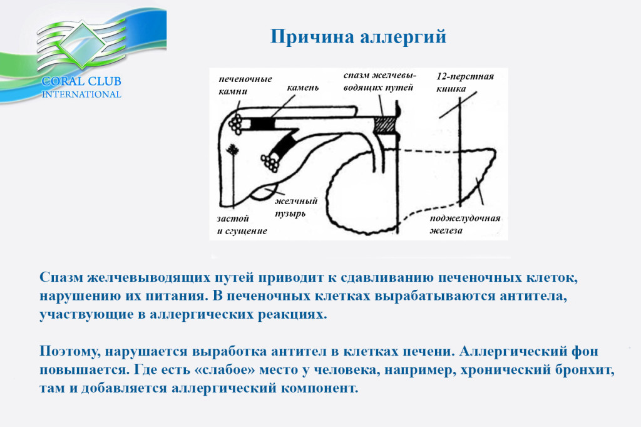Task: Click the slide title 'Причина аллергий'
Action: (x=358, y=37)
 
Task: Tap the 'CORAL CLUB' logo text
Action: (x=81, y=81)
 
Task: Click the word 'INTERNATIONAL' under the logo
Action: (x=81, y=95)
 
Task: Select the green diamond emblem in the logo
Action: (x=82, y=43)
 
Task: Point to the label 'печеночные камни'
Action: (x=245, y=85)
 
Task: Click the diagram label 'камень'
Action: (x=302, y=88)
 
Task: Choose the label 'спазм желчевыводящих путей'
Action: (x=379, y=81)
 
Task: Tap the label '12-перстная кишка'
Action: (x=465, y=82)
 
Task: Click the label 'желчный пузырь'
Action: (x=295, y=207)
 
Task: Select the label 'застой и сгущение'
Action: (x=242, y=225)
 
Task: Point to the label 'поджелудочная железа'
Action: (x=465, y=224)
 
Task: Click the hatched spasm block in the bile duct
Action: (x=386, y=124)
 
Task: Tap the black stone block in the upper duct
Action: (x=261, y=124)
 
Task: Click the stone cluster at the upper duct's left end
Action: (x=236, y=123)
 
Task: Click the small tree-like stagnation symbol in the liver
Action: (x=233, y=150)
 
